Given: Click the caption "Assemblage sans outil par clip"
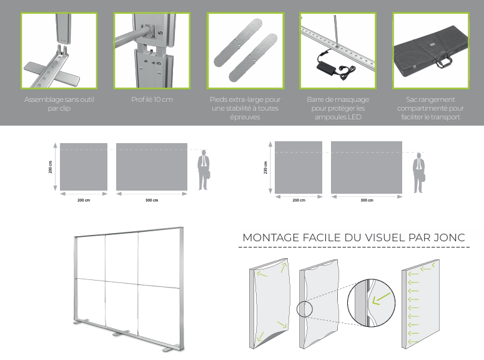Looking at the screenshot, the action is [59, 104].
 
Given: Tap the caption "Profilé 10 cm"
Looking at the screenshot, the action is [152, 99].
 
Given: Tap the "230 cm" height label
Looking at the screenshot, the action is [265, 167].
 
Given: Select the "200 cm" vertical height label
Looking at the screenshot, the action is [51, 167].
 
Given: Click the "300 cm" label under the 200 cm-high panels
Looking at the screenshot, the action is [152, 200].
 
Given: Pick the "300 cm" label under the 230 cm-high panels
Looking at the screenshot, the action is [367, 200].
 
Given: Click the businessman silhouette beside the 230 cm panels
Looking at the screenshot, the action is [418, 173].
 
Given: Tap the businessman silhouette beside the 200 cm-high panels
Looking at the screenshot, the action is [204, 170].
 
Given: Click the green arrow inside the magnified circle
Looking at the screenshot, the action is [380, 299].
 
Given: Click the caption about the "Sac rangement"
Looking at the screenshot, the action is [430, 108].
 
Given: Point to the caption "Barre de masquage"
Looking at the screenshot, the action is [338, 108].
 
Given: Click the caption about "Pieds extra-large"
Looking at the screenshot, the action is [245, 108].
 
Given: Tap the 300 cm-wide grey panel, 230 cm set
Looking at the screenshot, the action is [367, 167].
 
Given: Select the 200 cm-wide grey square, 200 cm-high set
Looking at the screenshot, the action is [84, 167].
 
